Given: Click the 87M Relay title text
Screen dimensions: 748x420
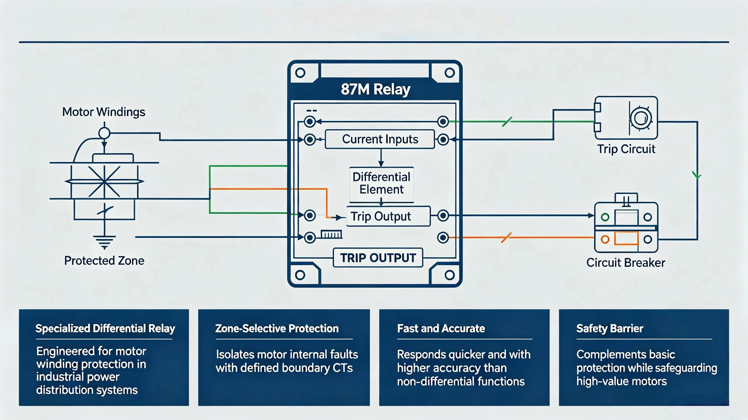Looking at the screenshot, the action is pyautogui.click(x=376, y=89).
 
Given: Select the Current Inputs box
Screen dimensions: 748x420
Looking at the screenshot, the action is pyautogui.click(x=380, y=139).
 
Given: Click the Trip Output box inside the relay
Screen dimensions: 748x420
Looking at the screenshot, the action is pyautogui.click(x=388, y=216).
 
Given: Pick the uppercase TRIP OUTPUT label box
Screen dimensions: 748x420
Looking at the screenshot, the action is pyautogui.click(x=378, y=258).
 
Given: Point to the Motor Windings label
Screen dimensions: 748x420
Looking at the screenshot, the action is pyautogui.click(x=104, y=112).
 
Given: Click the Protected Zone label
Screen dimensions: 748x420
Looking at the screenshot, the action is pyautogui.click(x=104, y=260).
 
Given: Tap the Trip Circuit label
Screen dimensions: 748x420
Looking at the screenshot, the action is pyautogui.click(x=626, y=149).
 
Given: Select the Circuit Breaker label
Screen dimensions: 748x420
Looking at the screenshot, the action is pyautogui.click(x=626, y=263).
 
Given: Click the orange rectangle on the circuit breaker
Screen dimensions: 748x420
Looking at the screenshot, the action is pyautogui.click(x=626, y=238).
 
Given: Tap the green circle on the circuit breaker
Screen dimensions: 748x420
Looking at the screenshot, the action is pyautogui.click(x=605, y=217).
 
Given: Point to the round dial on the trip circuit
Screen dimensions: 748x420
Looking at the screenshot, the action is pyautogui.click(x=641, y=118).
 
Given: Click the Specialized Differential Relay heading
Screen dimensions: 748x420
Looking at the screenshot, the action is pyautogui.click(x=105, y=329).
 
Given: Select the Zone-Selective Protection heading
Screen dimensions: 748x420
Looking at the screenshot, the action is pyautogui.click(x=277, y=329).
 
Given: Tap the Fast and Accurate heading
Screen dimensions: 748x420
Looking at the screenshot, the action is pyautogui.click(x=441, y=329).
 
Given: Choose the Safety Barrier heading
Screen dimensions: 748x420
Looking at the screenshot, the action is pyautogui.click(x=610, y=329).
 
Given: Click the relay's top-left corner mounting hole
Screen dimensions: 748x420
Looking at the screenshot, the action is pyautogui.click(x=300, y=73).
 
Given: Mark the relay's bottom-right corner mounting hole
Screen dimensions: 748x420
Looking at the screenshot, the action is pyautogui.click(x=450, y=275).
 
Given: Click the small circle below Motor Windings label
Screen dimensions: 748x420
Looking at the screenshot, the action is pyautogui.click(x=104, y=133).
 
